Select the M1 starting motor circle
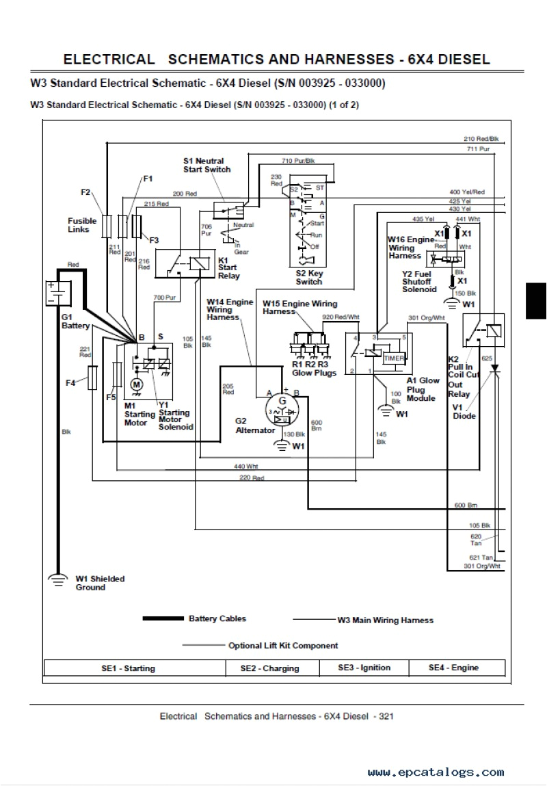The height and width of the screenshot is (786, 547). pyautogui.click(x=136, y=385)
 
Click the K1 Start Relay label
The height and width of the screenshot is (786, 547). pyautogui.click(x=228, y=268)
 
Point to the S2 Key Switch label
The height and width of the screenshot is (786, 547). pyautogui.click(x=309, y=277)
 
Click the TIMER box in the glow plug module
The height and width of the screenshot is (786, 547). pyautogui.click(x=394, y=358)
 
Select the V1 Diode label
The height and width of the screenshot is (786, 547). pyautogui.click(x=464, y=411)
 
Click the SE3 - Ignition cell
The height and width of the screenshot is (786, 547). pyautogui.click(x=364, y=668)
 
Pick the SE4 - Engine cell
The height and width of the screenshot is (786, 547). pyautogui.click(x=453, y=668)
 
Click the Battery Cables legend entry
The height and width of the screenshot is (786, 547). pyautogui.click(x=217, y=618)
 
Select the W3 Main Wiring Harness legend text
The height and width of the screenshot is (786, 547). pyautogui.click(x=385, y=620)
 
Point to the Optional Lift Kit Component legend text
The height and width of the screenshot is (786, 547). pyautogui.click(x=283, y=645)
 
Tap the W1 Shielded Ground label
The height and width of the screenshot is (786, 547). pyautogui.click(x=100, y=583)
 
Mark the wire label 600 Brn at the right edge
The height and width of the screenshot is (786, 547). pyautogui.click(x=465, y=506)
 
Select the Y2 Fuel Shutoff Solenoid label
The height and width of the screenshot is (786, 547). pyautogui.click(x=419, y=280)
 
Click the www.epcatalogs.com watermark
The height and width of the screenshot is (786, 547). pyautogui.click(x=436, y=772)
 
